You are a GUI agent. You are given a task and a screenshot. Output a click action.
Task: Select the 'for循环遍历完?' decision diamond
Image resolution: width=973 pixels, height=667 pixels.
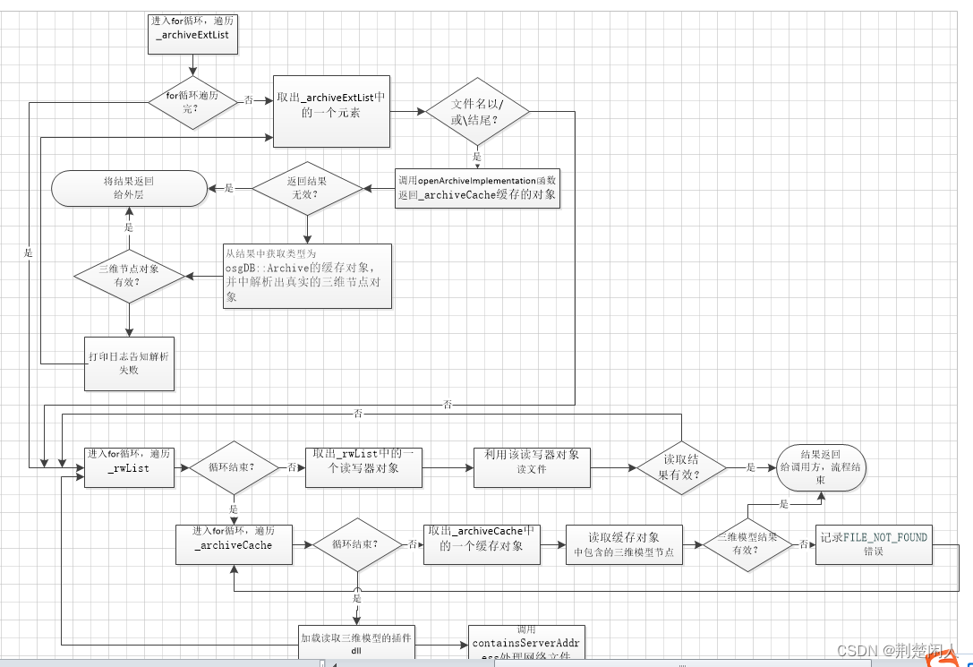pos(192,101)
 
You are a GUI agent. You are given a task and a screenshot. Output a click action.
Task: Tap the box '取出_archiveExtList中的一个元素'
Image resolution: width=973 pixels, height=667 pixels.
pos(331,110)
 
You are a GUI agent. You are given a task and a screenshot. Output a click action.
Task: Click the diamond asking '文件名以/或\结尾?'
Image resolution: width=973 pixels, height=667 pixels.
pos(477,112)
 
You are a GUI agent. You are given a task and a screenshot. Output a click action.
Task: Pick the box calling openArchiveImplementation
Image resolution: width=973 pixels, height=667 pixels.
pos(478,188)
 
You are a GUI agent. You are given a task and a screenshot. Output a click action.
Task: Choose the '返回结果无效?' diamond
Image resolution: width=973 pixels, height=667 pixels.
pos(307,188)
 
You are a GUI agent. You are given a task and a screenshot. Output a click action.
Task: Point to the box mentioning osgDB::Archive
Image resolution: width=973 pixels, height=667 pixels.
pos(307,276)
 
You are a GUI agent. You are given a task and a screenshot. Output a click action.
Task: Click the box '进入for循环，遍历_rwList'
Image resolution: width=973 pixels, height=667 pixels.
pos(129,467)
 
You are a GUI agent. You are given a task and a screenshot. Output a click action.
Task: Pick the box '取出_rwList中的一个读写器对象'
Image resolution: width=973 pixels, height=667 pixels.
pos(363,467)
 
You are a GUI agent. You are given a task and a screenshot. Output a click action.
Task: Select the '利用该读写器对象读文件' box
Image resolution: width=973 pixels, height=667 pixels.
pos(532,467)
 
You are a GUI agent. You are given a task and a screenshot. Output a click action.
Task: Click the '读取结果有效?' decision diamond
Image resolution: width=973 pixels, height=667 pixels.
pos(682,467)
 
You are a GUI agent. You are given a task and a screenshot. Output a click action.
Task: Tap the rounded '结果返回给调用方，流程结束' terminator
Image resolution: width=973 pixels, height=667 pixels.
pos(820,467)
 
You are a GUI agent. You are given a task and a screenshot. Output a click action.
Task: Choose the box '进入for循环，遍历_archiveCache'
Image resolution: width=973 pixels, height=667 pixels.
pos(235,543)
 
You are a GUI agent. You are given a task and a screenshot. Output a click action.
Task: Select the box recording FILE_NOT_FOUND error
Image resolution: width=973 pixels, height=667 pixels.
pos(874,544)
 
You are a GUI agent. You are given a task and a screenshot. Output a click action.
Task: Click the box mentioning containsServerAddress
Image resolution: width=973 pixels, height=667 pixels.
pos(526,646)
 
